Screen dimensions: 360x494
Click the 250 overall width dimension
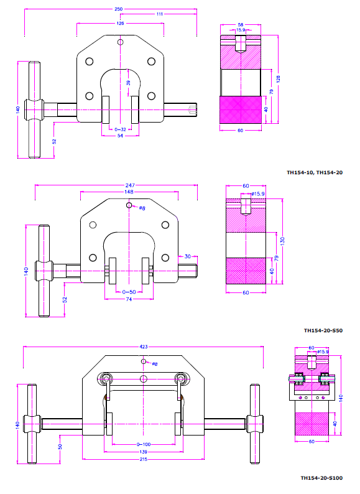(x=118, y=9)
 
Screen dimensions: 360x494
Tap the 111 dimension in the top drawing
(x=160, y=14)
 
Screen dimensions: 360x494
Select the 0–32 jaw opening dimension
(x=120, y=129)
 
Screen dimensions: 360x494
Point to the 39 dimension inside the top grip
(x=128, y=83)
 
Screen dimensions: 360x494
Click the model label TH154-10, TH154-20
(x=315, y=172)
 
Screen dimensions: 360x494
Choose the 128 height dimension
(x=278, y=79)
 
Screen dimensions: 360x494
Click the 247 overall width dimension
(x=130, y=185)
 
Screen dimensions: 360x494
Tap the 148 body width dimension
(x=129, y=192)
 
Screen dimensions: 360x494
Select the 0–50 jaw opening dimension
(x=129, y=292)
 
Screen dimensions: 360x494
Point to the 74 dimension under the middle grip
(x=129, y=299)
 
